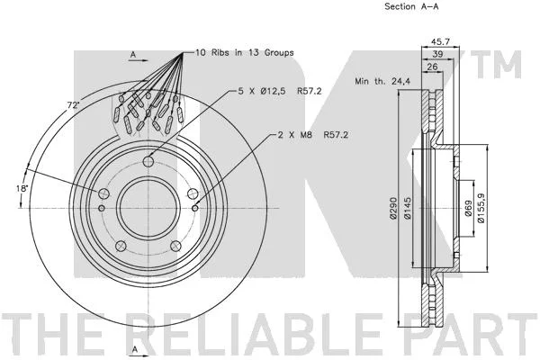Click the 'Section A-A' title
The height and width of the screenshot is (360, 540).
411,6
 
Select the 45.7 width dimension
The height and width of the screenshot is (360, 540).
441,41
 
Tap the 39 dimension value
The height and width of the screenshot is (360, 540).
437,54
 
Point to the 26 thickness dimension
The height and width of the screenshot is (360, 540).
432,67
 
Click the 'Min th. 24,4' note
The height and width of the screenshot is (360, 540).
382,81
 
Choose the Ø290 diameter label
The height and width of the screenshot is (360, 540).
393,208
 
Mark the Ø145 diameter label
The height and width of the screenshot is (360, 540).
407,208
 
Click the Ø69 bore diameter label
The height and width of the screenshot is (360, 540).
468,209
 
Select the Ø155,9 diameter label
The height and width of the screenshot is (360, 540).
481,208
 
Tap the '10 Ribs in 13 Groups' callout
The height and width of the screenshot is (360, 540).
245,53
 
